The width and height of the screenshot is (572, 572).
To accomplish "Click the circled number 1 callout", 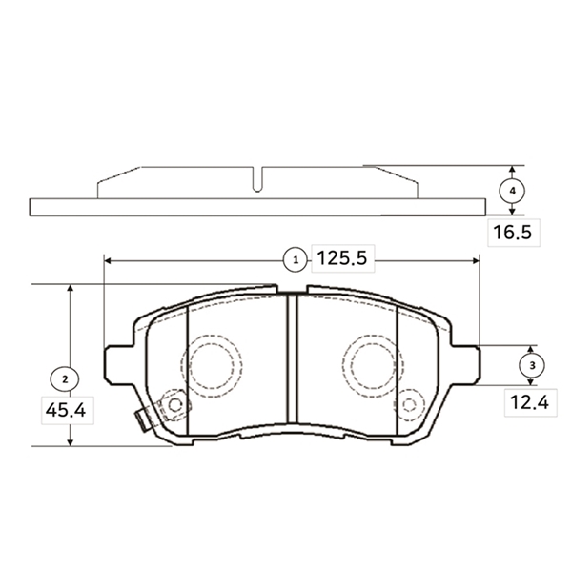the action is point(296,260).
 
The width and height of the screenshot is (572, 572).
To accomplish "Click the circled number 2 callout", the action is point(65,379).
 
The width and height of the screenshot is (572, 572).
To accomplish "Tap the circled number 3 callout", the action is point(532,365).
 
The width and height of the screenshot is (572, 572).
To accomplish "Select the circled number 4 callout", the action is point(512,191).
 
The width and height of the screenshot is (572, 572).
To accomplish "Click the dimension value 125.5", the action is point(342,258).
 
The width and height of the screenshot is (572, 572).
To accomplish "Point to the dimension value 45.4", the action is point(66,410).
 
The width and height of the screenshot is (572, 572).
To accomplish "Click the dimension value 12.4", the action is point(530,402).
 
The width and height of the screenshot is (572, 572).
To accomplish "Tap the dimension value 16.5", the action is point(513,233).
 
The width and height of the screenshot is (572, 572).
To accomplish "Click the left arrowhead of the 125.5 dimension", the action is point(108,260).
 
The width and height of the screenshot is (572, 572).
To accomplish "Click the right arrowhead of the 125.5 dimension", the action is point(476,260).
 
